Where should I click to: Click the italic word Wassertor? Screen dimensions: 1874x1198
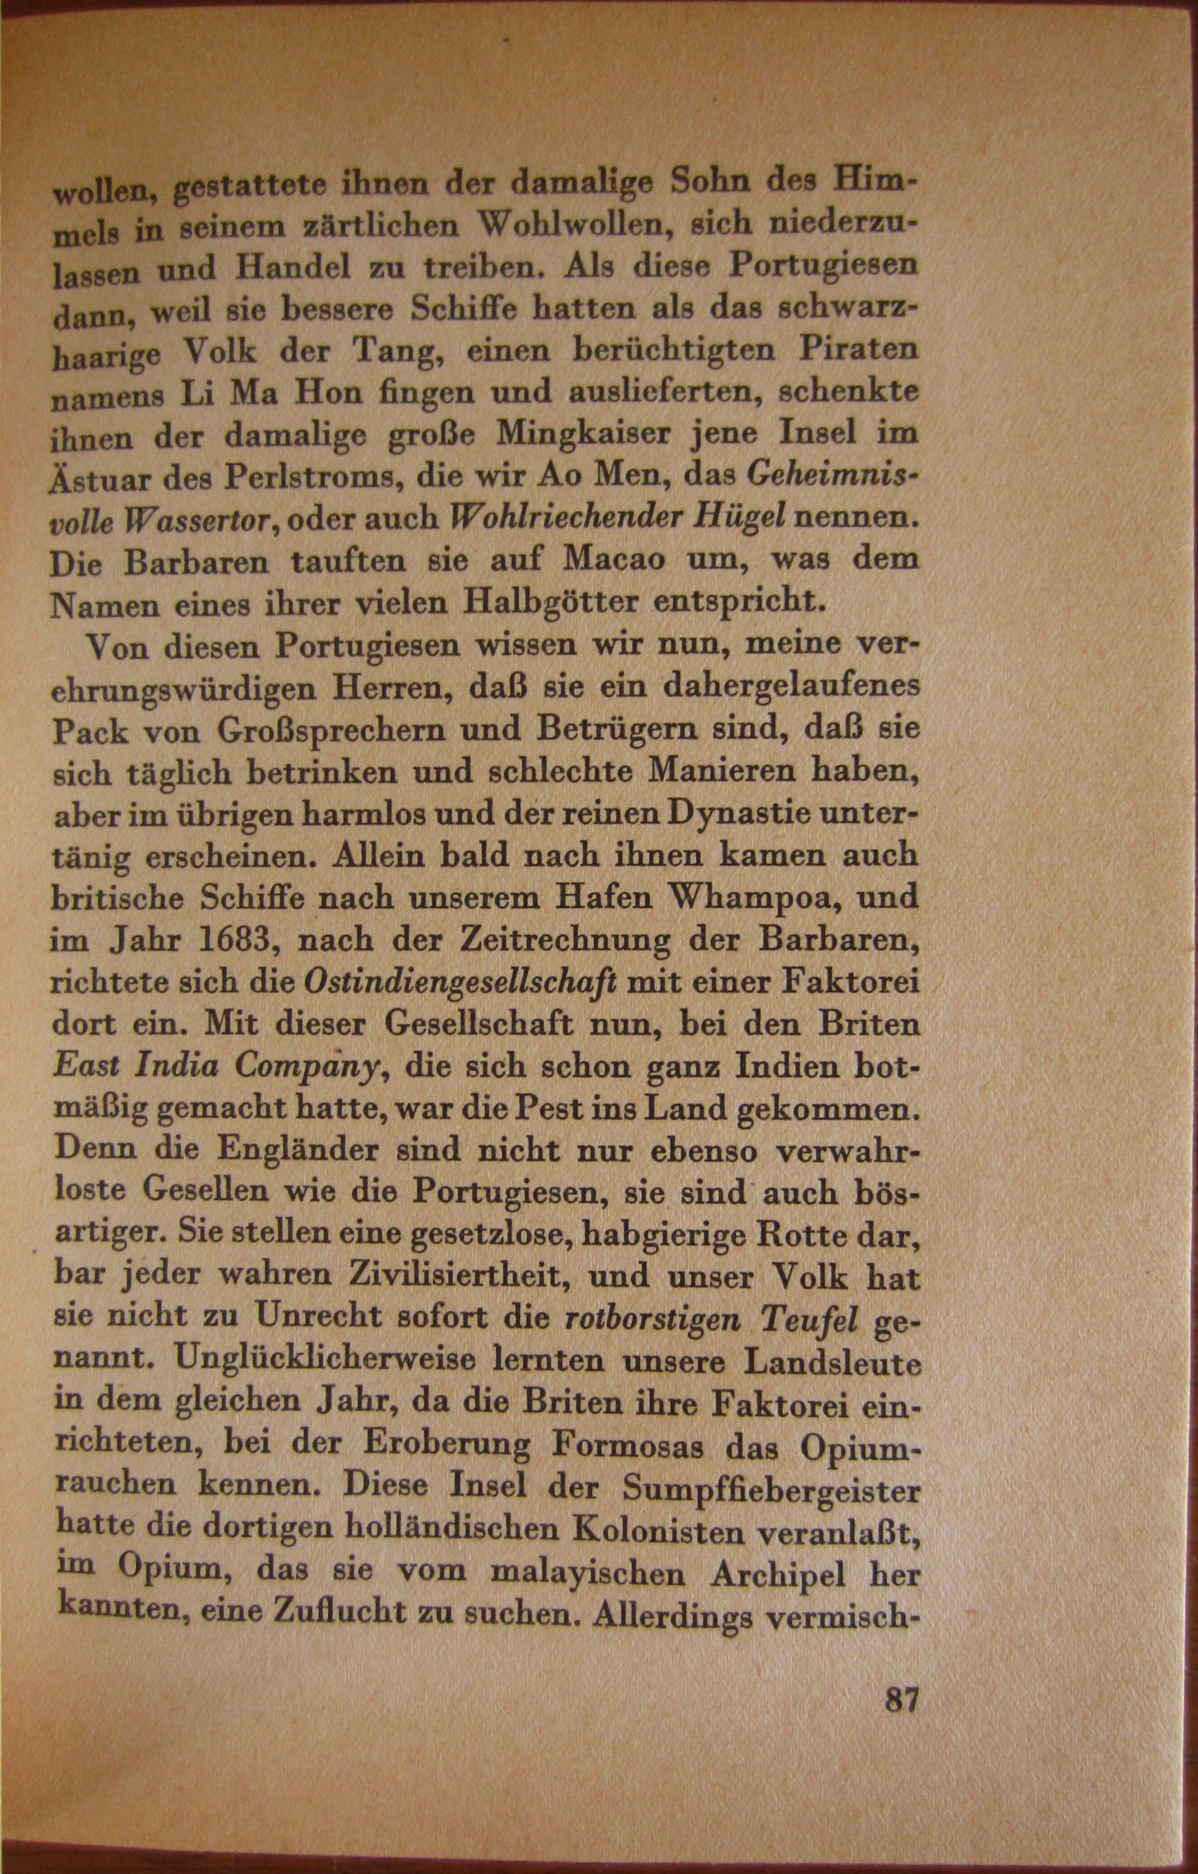pos(198,518)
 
